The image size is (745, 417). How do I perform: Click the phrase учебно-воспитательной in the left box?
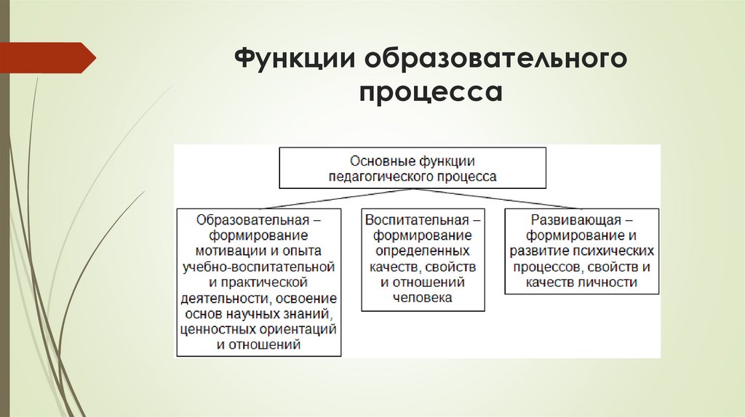[x=258, y=266]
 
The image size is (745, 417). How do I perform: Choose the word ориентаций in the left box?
[x=299, y=328]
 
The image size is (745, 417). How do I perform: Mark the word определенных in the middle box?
[x=423, y=251]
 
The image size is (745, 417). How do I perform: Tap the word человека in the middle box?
[x=423, y=297]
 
